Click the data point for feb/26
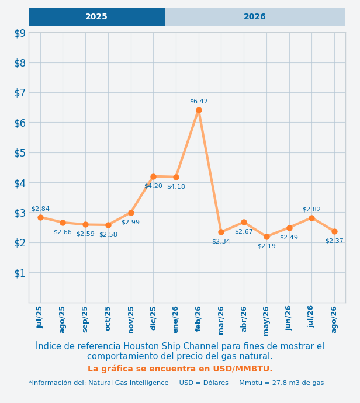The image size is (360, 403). (x=199, y=110)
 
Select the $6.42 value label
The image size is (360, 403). (x=199, y=101)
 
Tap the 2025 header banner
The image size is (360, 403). (x=96, y=17)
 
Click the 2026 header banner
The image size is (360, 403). (x=255, y=17)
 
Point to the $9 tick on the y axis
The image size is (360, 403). (x=20, y=33)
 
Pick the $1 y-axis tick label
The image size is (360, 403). (x=20, y=273)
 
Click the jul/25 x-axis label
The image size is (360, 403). (x=39, y=317)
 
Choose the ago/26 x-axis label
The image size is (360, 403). (x=334, y=319)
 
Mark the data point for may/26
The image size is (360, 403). (x=266, y=237)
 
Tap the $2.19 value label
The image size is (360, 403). (x=266, y=246)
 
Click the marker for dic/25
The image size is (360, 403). (x=154, y=176)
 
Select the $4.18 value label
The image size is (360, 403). (x=176, y=186)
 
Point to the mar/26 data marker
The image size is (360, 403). (x=221, y=232)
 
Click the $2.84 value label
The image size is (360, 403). (x=40, y=209)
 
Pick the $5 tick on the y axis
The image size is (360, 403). (x=20, y=153)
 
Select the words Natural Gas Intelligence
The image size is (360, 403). (x=129, y=383)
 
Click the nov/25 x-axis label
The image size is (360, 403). (x=131, y=320)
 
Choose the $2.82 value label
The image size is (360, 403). (x=311, y=209)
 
